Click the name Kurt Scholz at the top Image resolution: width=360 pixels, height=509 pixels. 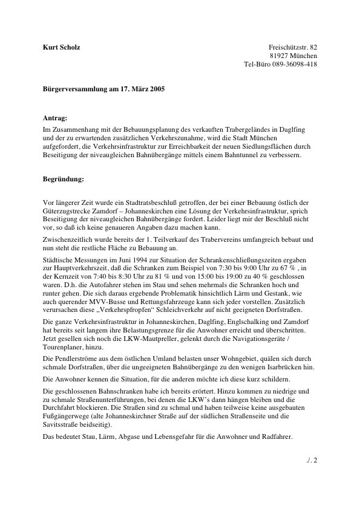(62, 47)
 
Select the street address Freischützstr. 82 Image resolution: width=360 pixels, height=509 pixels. (293, 47)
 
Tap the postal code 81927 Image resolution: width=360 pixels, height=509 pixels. (280, 56)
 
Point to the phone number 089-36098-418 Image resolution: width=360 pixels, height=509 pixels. (296, 65)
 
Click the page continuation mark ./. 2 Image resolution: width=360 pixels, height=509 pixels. (313, 460)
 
